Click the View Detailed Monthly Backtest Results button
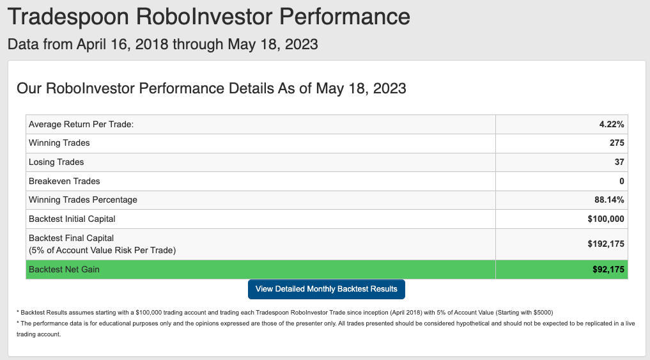point(326,289)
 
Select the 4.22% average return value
point(612,125)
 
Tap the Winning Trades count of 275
point(617,143)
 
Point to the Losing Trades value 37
point(619,162)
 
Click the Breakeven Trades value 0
point(621,181)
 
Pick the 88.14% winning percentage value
point(609,200)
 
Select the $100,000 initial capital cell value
point(606,219)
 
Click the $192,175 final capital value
point(606,244)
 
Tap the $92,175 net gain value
point(608,270)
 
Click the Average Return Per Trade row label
point(81,125)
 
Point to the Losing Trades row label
point(56,162)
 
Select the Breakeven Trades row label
point(65,181)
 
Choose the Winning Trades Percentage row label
point(83,200)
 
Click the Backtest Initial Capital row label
point(72,219)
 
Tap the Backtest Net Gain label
point(65,270)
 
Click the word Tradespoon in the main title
point(68,17)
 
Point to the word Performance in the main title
point(344,17)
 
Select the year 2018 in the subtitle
point(151,44)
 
